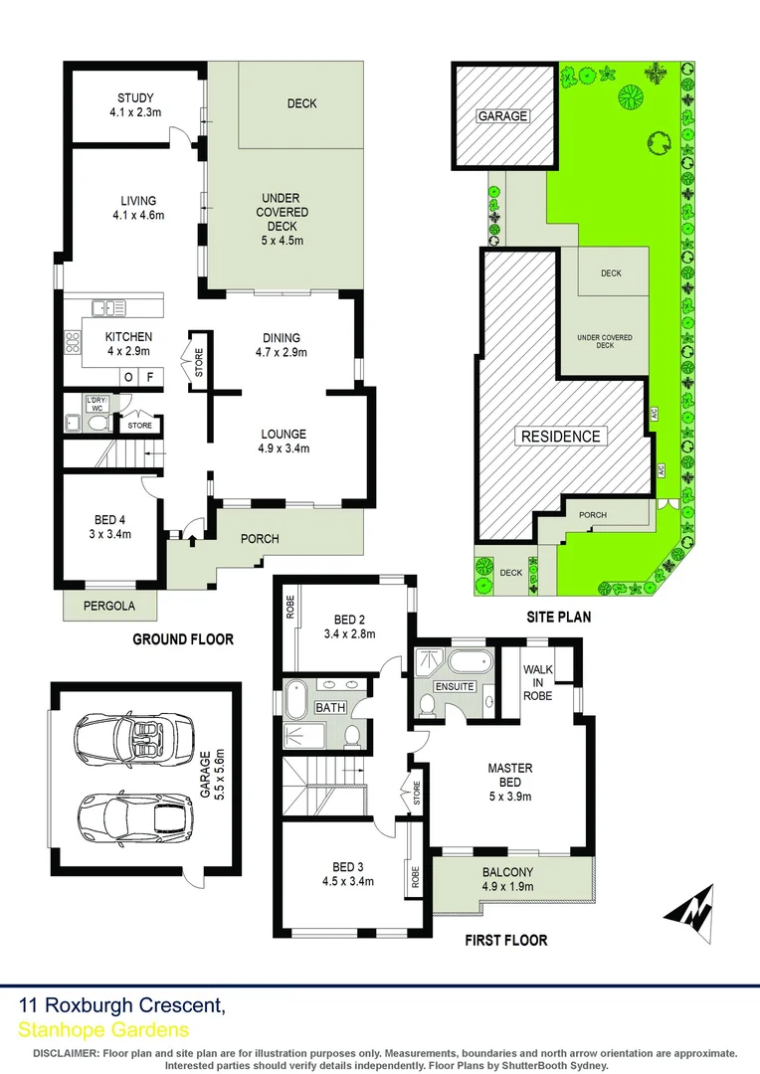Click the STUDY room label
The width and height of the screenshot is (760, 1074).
click(x=137, y=97)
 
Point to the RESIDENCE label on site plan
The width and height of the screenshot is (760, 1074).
click(x=558, y=436)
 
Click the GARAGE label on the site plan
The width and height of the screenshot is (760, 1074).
click(x=502, y=116)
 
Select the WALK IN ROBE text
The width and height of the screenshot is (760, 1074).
click(x=538, y=683)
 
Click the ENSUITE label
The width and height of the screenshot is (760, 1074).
click(x=454, y=686)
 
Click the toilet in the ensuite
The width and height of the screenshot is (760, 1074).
click(x=427, y=705)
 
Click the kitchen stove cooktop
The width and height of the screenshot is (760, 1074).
click(x=73, y=343)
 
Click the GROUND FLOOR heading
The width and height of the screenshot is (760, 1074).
click(x=183, y=639)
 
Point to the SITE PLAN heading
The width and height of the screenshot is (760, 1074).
click(x=558, y=617)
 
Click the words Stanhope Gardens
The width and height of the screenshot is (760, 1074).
click(x=102, y=1030)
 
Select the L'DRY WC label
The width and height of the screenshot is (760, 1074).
click(x=96, y=402)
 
